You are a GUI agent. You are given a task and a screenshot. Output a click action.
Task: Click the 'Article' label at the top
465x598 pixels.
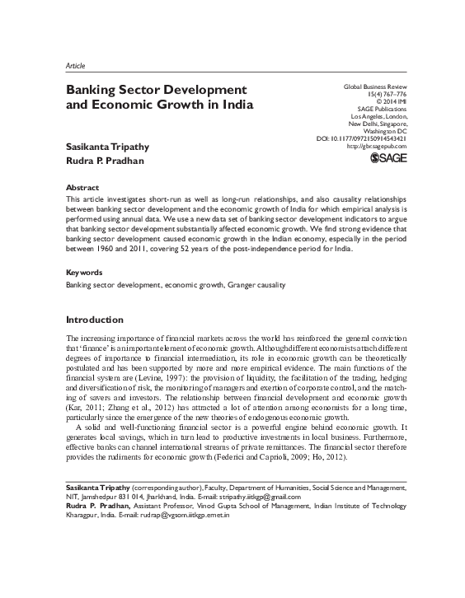(x=74, y=65)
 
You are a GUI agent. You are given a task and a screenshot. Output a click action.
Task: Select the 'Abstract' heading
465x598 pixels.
(x=82, y=187)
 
